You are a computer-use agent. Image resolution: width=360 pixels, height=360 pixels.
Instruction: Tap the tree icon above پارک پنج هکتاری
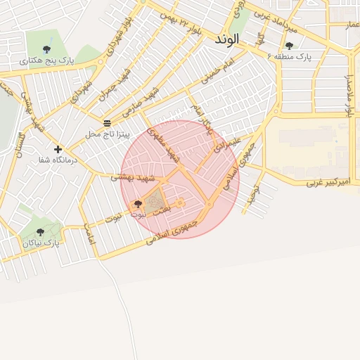point(46,49)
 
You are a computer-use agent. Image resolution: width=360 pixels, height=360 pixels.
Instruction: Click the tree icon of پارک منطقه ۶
point(288,46)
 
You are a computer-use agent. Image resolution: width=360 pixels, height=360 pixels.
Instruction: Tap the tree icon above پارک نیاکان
point(39,231)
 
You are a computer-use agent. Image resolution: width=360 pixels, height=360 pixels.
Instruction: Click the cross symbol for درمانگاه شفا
point(58,149)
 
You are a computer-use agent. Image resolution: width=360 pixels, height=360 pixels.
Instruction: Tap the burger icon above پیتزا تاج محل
point(107,122)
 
